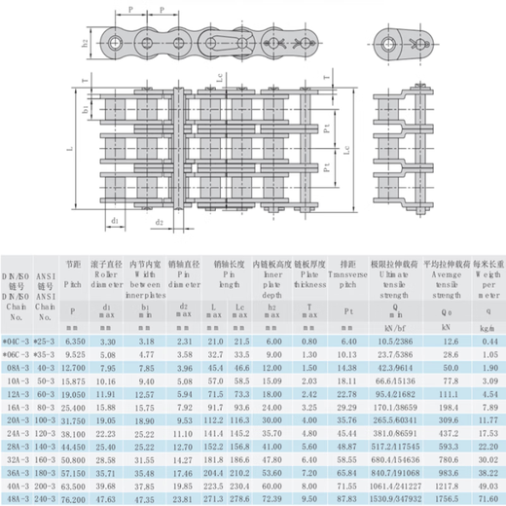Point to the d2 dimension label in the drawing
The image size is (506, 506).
pyautogui.click(x=157, y=222)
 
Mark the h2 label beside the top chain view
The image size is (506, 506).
pyautogui.click(x=85, y=43)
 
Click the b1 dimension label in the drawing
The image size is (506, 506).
pyautogui.click(x=85, y=112)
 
